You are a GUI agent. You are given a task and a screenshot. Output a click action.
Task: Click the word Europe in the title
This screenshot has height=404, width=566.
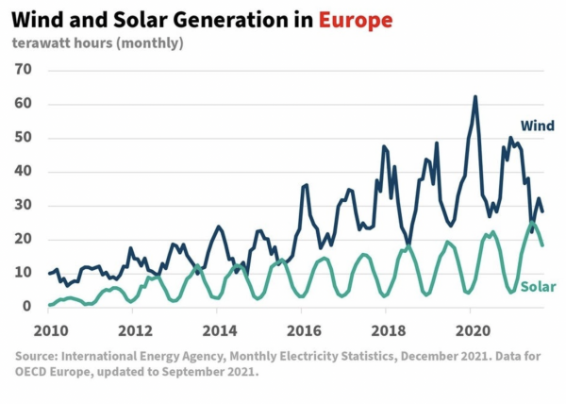point(356,19)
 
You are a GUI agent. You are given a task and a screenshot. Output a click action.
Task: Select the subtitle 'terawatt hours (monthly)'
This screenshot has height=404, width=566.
point(97,42)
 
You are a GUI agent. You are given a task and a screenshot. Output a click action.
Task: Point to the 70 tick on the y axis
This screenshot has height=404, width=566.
point(24,70)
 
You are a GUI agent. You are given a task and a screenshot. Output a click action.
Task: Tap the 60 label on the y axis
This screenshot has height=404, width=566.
point(24,104)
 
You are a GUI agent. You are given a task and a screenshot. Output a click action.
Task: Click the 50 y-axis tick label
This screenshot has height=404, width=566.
point(24,138)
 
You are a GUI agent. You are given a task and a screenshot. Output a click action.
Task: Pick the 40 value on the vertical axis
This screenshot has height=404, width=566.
point(24,172)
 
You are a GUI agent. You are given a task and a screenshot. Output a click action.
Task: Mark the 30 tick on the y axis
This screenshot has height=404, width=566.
point(24,205)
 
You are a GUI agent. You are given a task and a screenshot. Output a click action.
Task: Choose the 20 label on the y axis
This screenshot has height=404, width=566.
point(24,239)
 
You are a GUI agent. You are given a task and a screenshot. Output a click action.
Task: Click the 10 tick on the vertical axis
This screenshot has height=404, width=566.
point(24,273)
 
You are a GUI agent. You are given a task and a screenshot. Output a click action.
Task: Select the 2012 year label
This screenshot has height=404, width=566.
point(135,330)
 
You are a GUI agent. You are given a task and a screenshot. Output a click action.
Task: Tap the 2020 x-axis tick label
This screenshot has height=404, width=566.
point(471,330)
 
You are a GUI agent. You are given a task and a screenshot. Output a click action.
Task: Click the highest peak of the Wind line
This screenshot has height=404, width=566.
point(474,96)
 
